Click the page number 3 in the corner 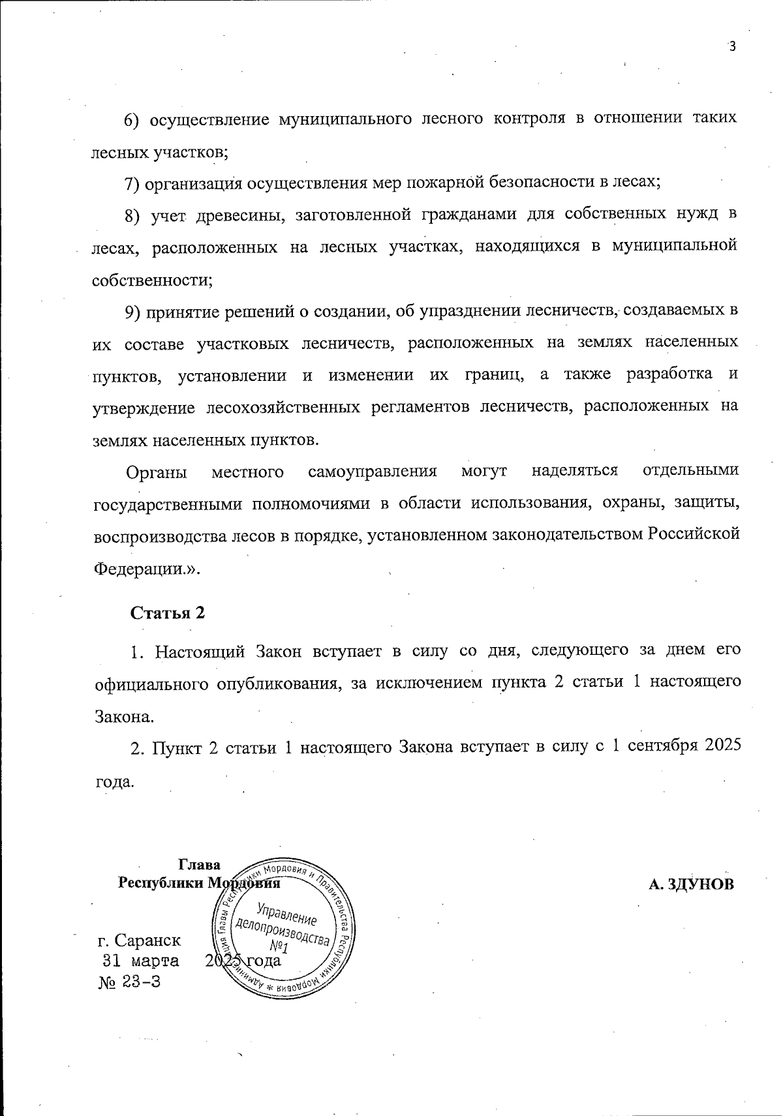(732, 46)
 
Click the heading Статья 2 (168, 613)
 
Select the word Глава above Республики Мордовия (199, 865)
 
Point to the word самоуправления (372, 472)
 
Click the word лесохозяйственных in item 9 (283, 407)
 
